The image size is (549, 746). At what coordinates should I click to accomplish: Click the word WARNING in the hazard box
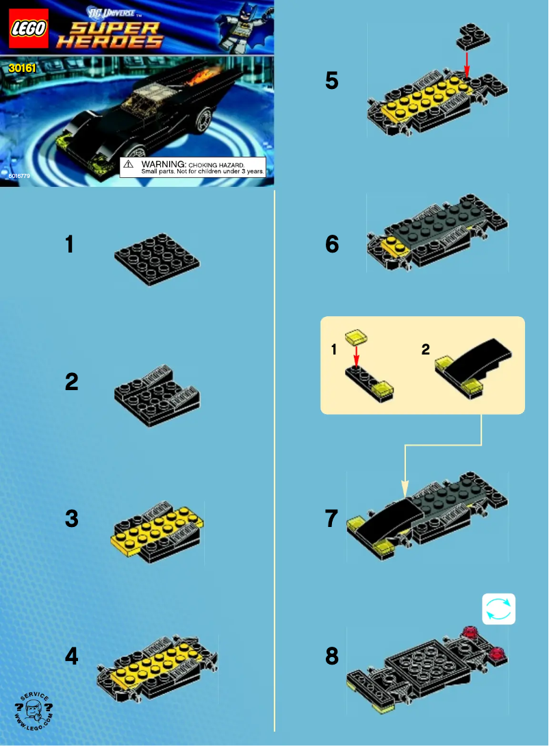pyautogui.click(x=163, y=165)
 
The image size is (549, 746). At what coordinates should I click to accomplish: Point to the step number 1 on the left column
pyautogui.click(x=69, y=244)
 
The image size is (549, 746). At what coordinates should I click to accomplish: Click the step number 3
pyautogui.click(x=71, y=519)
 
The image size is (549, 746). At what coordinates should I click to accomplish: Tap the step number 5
pyautogui.click(x=331, y=81)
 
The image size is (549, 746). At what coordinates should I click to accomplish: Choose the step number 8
pyautogui.click(x=331, y=657)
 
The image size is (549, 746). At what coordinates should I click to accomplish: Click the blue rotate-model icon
pyautogui.click(x=498, y=609)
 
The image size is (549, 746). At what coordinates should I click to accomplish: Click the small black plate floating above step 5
pyautogui.click(x=473, y=36)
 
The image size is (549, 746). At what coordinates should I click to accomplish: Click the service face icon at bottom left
pyautogui.click(x=34, y=711)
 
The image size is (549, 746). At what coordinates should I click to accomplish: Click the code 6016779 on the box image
pyautogui.click(x=20, y=176)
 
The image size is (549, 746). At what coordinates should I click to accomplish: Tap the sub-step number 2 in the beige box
pyautogui.click(x=426, y=350)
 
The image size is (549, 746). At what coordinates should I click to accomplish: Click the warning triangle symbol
pyautogui.click(x=129, y=165)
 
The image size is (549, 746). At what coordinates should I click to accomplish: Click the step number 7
pyautogui.click(x=331, y=519)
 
